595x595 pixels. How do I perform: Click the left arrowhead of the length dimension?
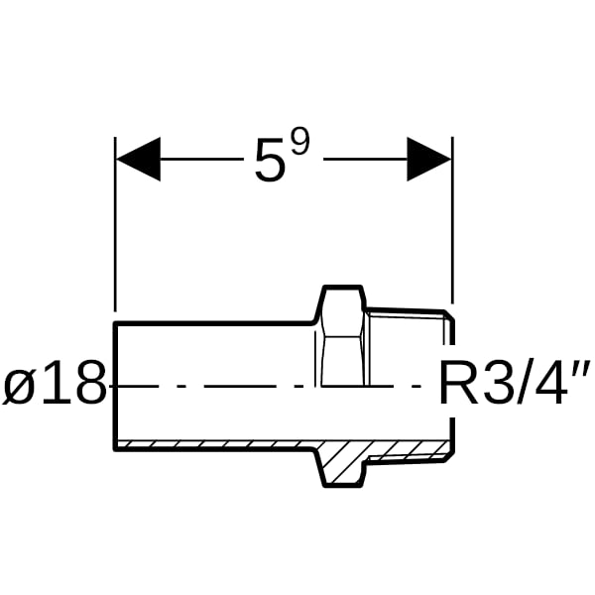138,159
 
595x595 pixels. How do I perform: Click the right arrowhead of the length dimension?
429,159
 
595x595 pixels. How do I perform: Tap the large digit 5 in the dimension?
270,160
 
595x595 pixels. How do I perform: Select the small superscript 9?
300,141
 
